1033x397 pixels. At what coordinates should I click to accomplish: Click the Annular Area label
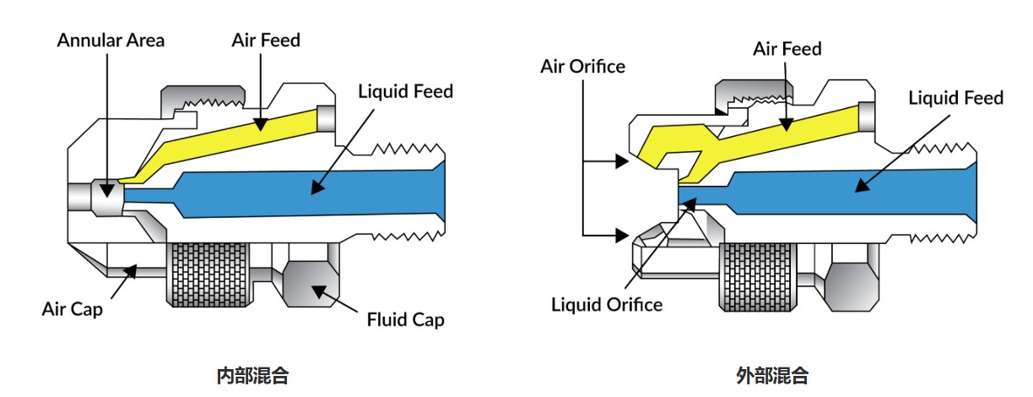[111, 40]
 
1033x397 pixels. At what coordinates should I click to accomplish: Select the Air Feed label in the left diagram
[266, 40]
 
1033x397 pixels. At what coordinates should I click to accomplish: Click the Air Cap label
[73, 309]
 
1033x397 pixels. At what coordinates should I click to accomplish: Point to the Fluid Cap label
[405, 320]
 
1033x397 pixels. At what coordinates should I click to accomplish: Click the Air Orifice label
[583, 66]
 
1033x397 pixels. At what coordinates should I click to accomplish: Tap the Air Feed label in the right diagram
[787, 49]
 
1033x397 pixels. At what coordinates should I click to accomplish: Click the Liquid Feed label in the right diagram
[955, 98]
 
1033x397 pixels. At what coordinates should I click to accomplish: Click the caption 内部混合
[252, 376]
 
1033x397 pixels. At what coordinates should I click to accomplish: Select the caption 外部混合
[772, 376]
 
